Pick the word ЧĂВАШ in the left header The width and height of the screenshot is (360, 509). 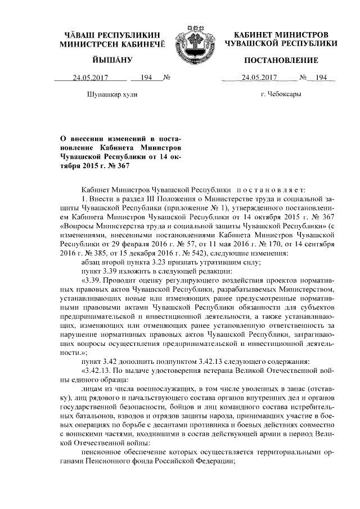click(x=80, y=35)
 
